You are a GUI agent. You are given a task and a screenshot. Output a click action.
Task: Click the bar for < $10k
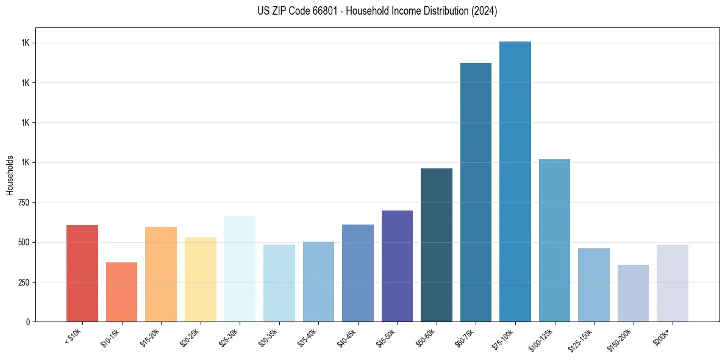[82, 273]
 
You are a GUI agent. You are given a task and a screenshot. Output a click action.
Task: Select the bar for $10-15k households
[121, 292]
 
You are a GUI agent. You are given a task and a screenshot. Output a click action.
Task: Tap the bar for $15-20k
[161, 275]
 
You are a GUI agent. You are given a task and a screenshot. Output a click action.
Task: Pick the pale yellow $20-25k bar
[200, 279]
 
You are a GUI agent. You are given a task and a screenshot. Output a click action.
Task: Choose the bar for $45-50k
[397, 266]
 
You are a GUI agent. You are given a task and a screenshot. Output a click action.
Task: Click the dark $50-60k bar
[437, 245]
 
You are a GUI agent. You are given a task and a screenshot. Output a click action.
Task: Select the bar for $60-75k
[476, 192]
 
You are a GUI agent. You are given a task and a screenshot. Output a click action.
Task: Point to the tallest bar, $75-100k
[515, 181]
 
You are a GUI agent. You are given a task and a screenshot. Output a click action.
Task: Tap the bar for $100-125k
[554, 240]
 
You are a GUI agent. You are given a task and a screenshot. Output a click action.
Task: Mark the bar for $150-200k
[633, 293]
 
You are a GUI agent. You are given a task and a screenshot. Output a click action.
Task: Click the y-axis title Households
[10, 175]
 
